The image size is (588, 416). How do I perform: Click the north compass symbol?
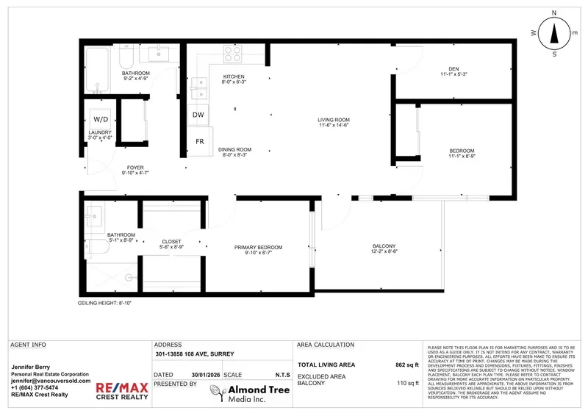(x=554, y=33)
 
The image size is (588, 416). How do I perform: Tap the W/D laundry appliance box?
(x=100, y=119)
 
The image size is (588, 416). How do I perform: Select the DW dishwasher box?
(x=198, y=115)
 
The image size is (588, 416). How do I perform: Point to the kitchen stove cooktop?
(x=233, y=54)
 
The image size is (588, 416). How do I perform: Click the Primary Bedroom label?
(x=258, y=247)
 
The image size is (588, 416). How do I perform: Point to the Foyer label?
(x=135, y=168)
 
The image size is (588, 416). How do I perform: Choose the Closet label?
(x=171, y=242)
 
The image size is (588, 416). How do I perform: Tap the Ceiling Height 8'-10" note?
(x=105, y=303)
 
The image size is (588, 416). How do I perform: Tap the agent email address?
(x=51, y=381)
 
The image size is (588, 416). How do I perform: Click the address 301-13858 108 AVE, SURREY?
(x=194, y=354)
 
